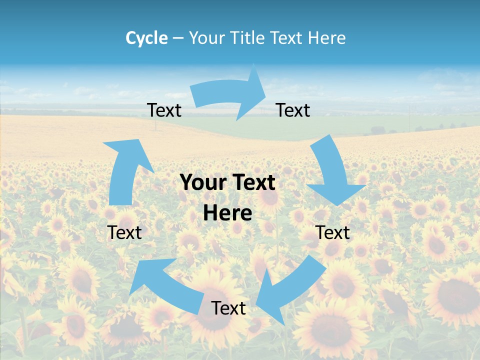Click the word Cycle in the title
pos(146,38)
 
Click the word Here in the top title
pos(326,38)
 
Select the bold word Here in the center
pos(227,213)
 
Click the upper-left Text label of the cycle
pos(164,110)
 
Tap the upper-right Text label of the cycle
pos(293,110)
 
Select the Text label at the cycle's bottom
pos(228,308)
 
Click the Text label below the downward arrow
pos(333,232)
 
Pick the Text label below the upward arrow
pos(124,232)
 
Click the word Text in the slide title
pos(287,38)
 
